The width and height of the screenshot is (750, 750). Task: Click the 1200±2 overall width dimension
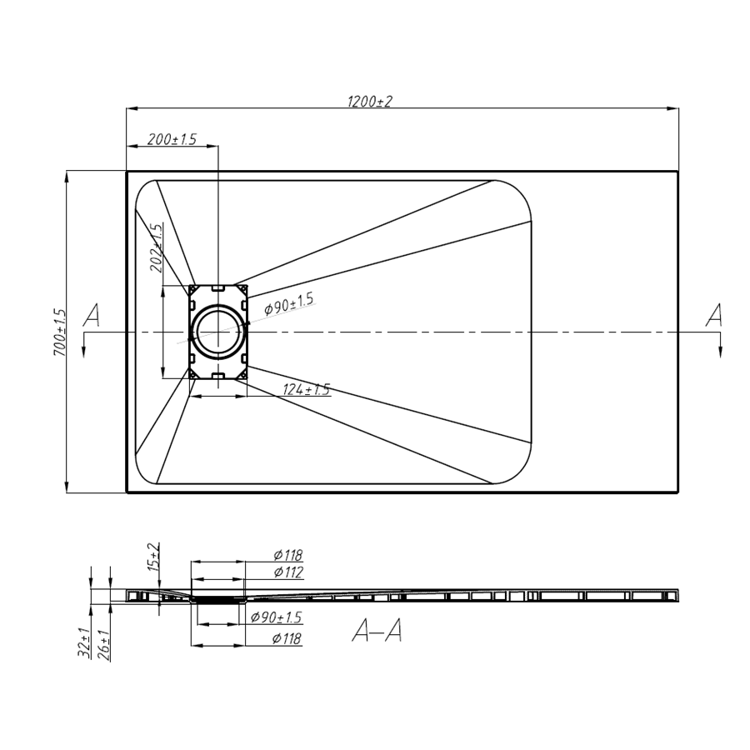coord(369,102)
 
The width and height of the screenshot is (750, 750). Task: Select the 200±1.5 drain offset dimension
coord(172,139)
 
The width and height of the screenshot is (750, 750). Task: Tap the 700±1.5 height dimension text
coord(60,332)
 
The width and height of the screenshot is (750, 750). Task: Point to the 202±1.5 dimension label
coord(157,247)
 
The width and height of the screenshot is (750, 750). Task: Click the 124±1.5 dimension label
coord(306,389)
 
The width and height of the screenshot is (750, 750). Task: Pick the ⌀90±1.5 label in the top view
coord(289,303)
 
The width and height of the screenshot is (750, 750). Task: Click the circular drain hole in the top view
coord(218,332)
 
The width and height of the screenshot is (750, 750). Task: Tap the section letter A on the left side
coord(91,316)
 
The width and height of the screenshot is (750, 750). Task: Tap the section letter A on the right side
coord(714,316)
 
